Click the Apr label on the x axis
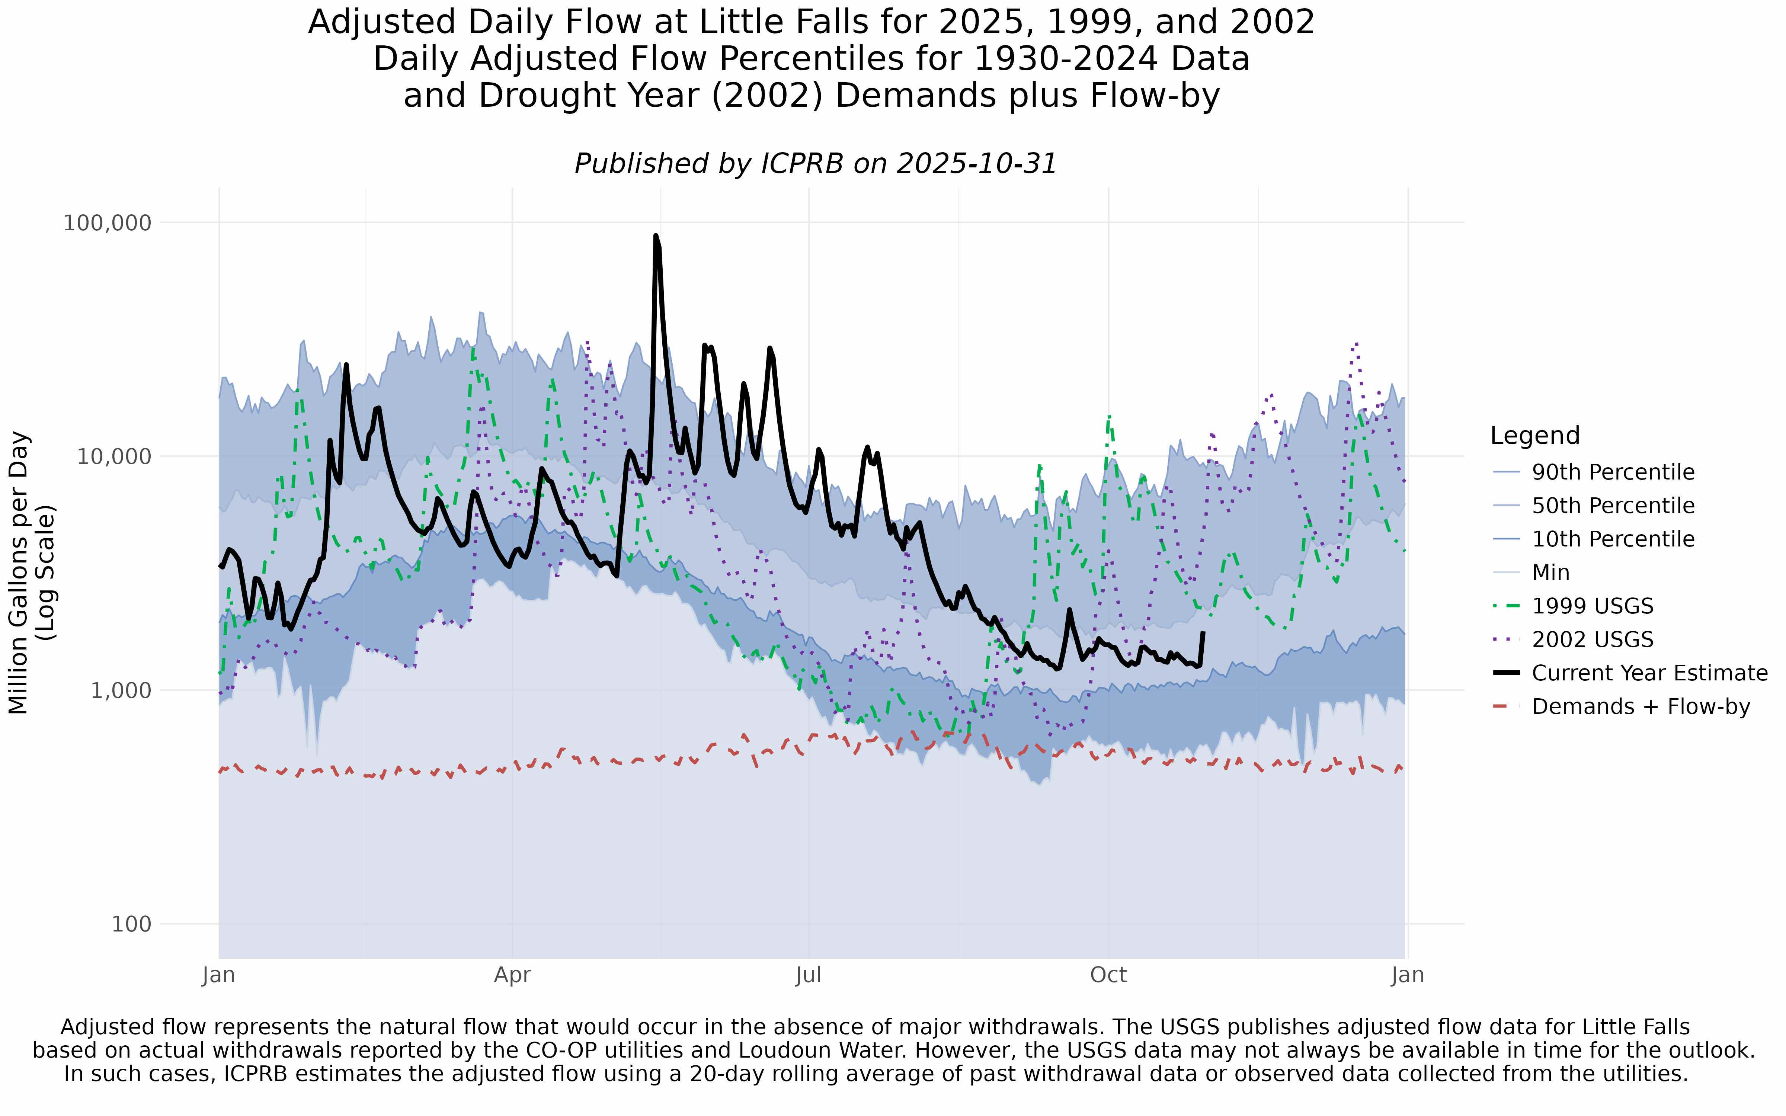tap(512, 976)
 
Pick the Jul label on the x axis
tap(809, 976)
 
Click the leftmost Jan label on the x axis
tap(218, 976)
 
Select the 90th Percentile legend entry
tap(1613, 472)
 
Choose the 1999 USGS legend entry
tap(1592, 607)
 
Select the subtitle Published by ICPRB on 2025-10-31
tap(816, 164)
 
